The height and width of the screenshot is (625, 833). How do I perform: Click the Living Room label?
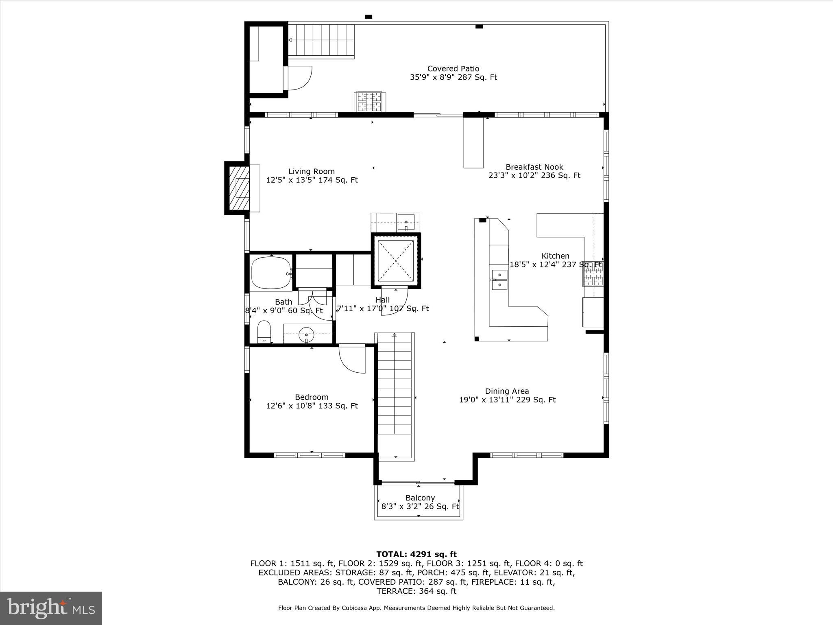[312, 172]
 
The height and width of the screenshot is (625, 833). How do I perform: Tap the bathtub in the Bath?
[271, 273]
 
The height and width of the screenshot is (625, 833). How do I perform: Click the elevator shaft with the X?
[395, 260]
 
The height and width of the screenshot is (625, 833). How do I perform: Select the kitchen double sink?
[499, 280]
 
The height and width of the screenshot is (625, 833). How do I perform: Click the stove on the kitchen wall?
[593, 273]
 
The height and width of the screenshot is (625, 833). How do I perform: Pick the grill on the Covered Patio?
[369, 101]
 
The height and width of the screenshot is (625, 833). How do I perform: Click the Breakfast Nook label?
[534, 167]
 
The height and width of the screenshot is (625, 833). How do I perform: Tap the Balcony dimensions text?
[420, 507]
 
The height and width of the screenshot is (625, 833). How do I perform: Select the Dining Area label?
[507, 391]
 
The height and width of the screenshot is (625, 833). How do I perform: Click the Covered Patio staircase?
[321, 40]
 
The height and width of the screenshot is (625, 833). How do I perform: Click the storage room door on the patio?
[299, 78]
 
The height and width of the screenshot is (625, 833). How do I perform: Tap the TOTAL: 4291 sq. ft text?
[416, 554]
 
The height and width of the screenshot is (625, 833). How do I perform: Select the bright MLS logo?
[51, 608]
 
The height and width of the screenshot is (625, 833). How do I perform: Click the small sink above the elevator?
[406, 222]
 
